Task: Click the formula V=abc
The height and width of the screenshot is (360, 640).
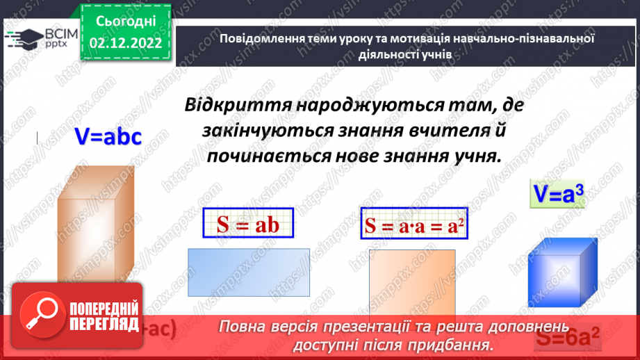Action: (108, 137)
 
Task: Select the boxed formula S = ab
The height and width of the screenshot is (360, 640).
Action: (248, 224)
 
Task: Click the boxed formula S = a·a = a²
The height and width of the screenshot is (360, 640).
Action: (414, 225)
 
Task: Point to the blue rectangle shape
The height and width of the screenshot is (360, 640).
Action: (248, 273)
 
